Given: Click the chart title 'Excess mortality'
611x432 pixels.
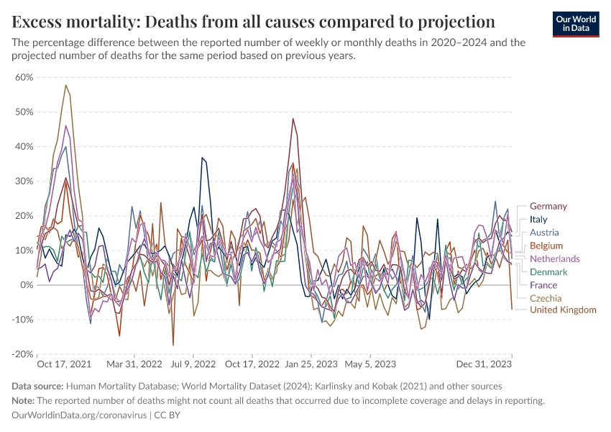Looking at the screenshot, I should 254,19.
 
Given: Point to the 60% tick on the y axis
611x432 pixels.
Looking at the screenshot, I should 24,77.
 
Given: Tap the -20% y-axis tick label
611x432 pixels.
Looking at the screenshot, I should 22,354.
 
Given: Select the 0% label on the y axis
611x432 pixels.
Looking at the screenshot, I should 26,285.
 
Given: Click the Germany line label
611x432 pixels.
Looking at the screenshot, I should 548,207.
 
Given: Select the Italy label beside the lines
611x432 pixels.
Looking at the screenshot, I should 538,220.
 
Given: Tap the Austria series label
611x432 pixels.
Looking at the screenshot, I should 544,233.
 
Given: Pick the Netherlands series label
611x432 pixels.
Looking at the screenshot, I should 554,258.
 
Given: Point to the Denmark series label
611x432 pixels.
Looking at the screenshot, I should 548,272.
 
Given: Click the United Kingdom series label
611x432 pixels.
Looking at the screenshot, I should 563,310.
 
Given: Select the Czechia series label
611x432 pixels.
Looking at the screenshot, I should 546,298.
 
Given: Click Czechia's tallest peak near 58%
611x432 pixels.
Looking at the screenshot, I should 66,85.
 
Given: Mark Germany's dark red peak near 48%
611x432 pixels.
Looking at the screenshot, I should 293,119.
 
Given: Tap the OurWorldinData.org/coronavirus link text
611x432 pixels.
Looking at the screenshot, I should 79,415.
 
